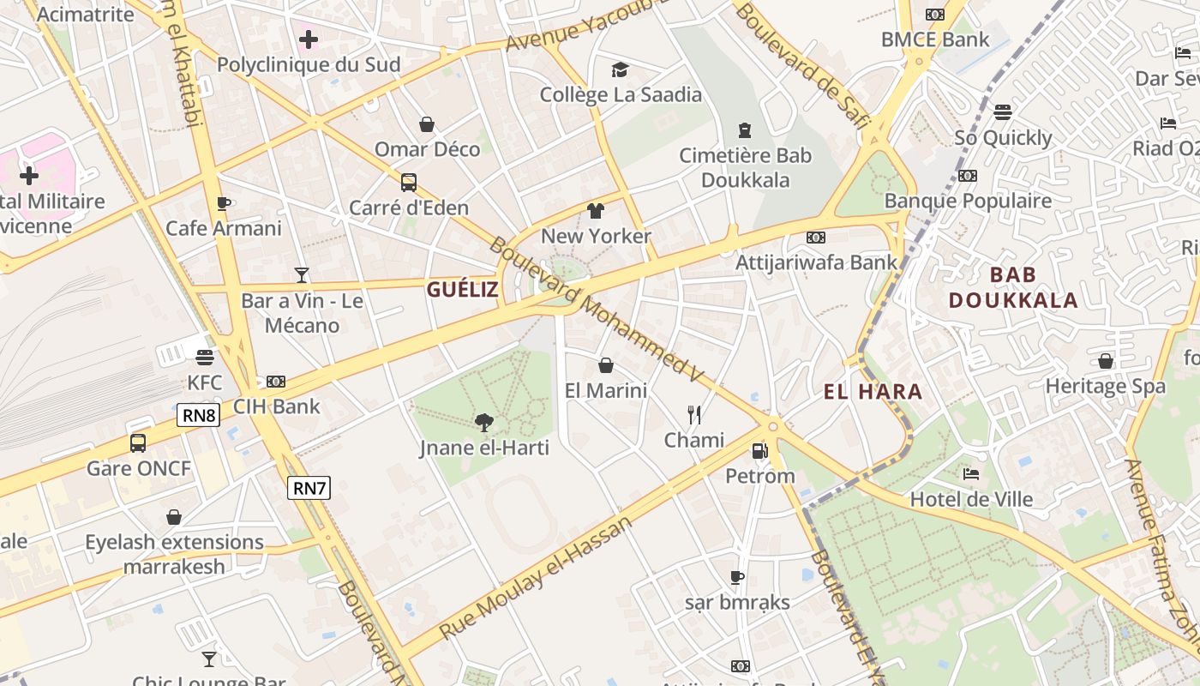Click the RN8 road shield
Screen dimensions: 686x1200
[199, 416]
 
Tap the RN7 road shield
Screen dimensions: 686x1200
[309, 489]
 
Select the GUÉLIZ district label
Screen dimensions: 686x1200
[462, 290]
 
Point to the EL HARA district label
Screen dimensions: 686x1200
[873, 393]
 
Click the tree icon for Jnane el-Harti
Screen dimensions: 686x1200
[484, 422]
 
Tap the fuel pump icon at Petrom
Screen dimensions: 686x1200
[759, 450]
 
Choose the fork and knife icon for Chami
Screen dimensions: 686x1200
[694, 415]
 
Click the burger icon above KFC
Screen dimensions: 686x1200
[204, 357]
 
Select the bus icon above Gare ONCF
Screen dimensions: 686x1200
[138, 443]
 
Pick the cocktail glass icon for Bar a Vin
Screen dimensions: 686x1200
[302, 275]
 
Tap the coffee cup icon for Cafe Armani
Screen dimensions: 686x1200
[224, 203]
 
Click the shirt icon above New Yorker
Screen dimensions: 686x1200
[596, 211]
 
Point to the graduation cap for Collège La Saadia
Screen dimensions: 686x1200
[621, 69]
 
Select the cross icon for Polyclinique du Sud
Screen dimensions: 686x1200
[308, 39]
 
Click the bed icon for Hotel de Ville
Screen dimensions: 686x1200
[971, 474]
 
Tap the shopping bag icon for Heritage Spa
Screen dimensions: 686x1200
[1106, 361]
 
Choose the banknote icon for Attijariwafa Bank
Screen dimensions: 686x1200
[816, 238]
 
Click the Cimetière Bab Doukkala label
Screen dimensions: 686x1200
[745, 168]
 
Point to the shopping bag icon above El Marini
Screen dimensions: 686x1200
[606, 365]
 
